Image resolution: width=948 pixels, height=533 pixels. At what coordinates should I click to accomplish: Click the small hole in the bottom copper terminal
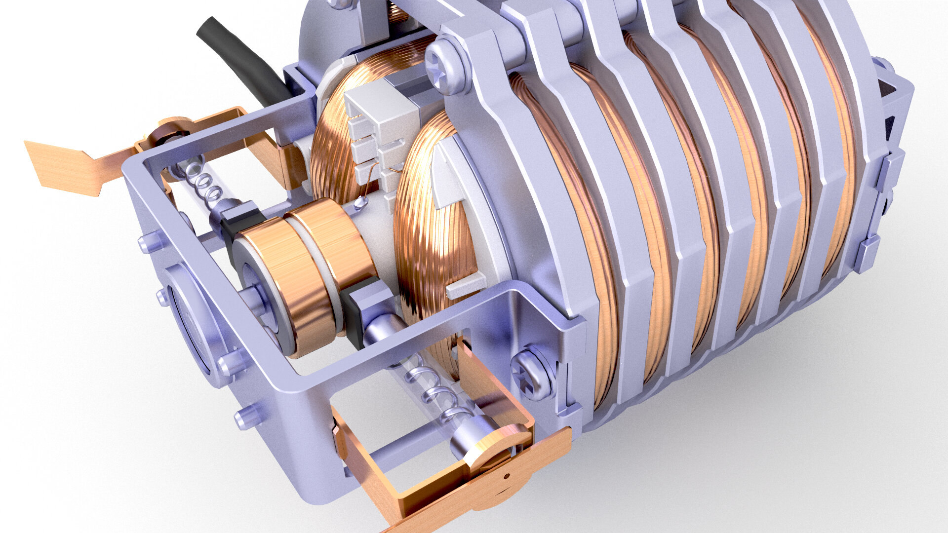[507, 476]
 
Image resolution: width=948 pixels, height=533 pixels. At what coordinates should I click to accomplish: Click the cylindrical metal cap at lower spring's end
[469, 439]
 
